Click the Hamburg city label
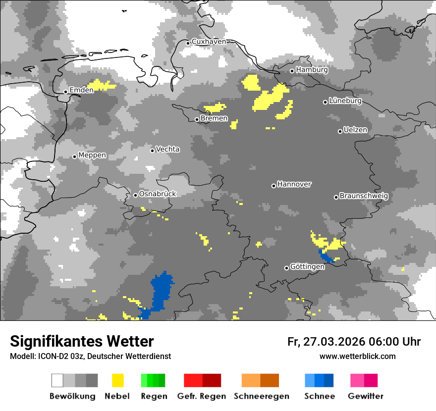point(312,70)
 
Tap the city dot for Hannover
point(273,186)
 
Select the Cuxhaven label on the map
point(209,42)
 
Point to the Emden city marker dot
point(65,92)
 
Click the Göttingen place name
point(307,266)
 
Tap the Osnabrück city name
point(158,194)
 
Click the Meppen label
point(92,155)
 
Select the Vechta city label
point(168,149)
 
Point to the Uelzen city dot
point(340,131)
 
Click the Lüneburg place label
point(345,101)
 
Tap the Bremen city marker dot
point(197,119)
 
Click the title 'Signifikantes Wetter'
point(82,341)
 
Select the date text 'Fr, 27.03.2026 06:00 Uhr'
point(354,342)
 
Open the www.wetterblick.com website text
point(357,356)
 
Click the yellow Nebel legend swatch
point(118,380)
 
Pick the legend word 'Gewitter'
point(365,396)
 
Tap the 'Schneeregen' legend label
point(261,396)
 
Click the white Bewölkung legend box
point(57,380)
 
